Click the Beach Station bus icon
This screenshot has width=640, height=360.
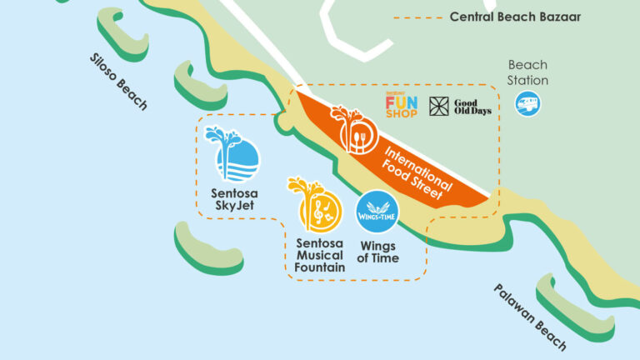point(527,103)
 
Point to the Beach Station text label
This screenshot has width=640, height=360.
point(528,72)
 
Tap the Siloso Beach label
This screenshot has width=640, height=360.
point(118,82)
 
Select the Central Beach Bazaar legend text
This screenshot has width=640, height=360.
point(516,17)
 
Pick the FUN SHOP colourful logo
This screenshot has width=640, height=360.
point(402,106)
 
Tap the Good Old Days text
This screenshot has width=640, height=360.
point(472,106)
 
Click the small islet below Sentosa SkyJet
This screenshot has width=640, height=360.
point(210,247)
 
